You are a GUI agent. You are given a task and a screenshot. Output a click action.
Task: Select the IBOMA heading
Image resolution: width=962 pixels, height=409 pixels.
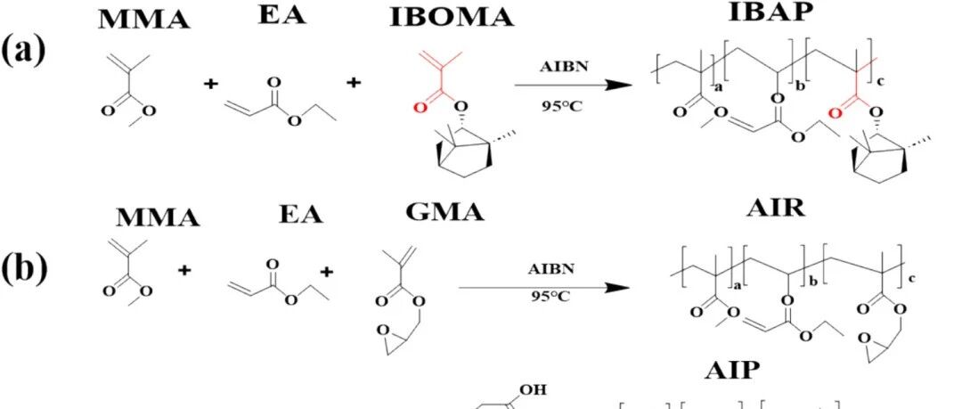click(x=452, y=18)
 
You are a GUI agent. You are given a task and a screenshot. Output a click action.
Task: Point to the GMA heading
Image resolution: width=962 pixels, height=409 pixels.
click(x=444, y=212)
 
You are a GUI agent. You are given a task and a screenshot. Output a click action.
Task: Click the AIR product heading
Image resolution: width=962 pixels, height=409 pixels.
click(x=776, y=209)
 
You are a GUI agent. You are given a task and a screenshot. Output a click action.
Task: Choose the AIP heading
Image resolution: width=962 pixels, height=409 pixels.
click(x=731, y=372)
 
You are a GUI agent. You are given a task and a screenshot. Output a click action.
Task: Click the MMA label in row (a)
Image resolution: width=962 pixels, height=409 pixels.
click(x=144, y=20)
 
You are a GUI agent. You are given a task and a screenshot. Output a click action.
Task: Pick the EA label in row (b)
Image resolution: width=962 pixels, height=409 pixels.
click(x=301, y=215)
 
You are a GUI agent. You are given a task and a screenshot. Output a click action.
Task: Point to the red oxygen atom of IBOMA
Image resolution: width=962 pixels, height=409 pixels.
click(x=420, y=108)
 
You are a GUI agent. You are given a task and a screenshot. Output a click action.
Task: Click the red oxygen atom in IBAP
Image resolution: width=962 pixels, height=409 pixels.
click(x=833, y=113)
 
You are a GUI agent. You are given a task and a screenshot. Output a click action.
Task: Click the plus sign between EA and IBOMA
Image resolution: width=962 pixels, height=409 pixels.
click(x=354, y=82)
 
